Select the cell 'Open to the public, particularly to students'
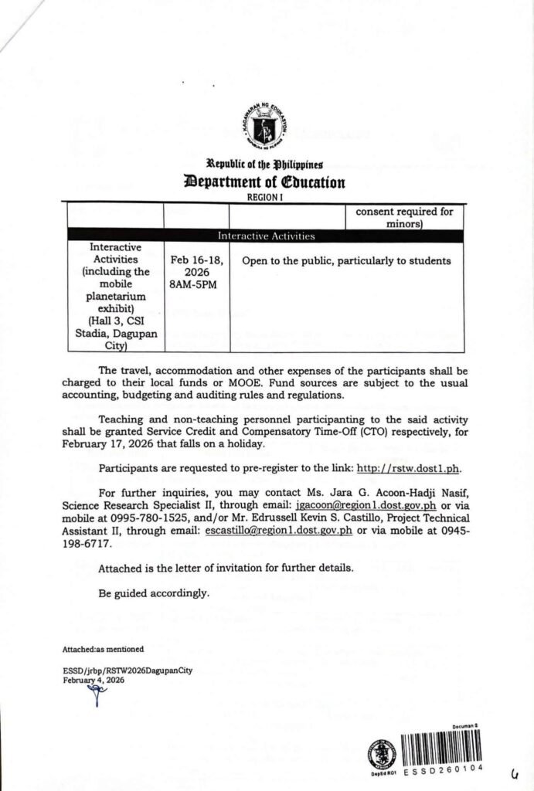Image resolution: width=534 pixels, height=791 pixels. [345, 261]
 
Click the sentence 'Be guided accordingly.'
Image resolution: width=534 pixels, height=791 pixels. [154, 593]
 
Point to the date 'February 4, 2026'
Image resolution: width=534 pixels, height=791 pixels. [94, 680]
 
